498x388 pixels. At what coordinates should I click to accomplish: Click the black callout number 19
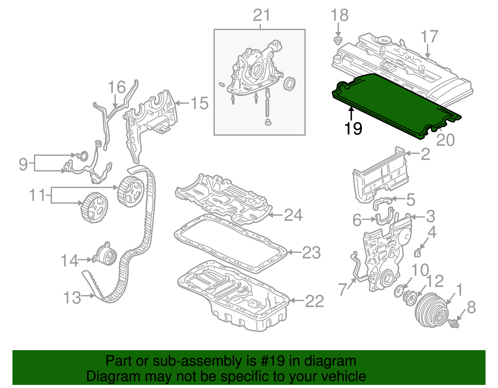pos(353,128)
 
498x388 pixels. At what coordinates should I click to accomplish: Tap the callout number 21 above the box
pos(261,15)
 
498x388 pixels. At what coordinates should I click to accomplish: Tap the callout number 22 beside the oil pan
pos(314,301)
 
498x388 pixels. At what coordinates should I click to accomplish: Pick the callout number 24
pos(293,215)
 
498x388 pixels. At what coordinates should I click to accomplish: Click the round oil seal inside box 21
pos(289,84)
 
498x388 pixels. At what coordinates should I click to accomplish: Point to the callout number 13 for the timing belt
pos(72,298)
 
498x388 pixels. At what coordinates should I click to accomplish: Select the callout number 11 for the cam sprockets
pos(37,195)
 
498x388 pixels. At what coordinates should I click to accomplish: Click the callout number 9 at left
pos(23,164)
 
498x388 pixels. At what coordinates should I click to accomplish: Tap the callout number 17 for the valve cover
pos(430,37)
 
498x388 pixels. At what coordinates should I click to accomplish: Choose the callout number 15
pos(199,103)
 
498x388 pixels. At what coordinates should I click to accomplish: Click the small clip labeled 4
pos(418,253)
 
